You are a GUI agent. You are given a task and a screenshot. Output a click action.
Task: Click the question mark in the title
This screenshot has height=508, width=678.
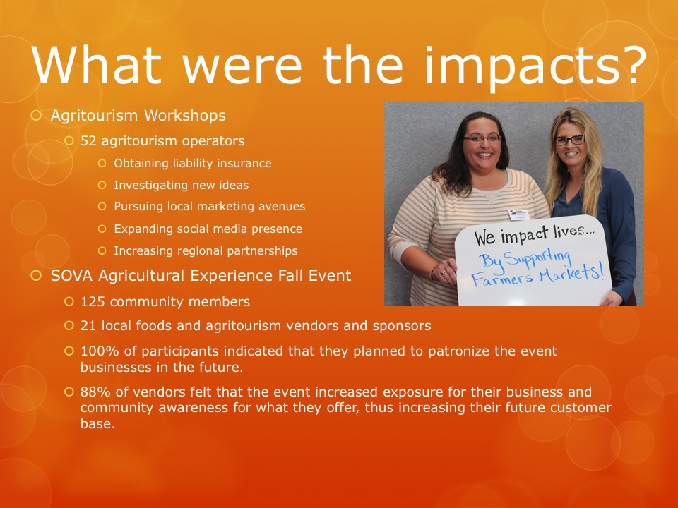[631, 66]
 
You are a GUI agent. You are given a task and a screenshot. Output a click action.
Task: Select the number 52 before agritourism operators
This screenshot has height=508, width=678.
[88, 141]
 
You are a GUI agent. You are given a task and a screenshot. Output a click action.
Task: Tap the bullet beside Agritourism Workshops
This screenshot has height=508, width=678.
[36, 115]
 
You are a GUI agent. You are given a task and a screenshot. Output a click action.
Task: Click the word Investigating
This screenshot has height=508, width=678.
[148, 186]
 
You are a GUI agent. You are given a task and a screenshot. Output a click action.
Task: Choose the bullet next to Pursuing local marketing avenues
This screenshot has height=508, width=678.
[102, 207]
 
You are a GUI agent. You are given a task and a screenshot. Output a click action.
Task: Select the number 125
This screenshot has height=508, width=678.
[93, 301]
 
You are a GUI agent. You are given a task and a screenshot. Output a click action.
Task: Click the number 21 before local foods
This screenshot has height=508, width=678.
[88, 326]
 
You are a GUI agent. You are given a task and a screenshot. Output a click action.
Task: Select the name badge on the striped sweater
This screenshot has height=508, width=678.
[519, 214]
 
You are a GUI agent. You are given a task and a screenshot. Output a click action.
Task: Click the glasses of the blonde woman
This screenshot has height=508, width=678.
[569, 140]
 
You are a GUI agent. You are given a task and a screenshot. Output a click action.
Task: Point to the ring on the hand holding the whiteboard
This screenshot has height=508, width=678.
[443, 273]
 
